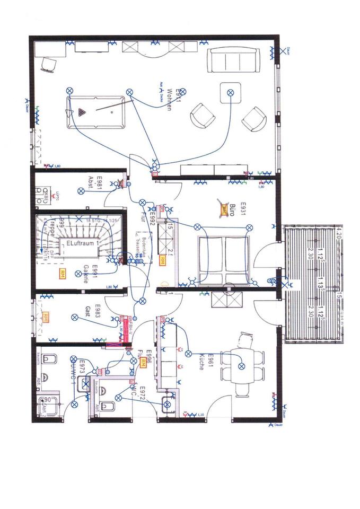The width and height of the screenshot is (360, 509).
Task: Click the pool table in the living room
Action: pyautogui.click(x=95, y=111)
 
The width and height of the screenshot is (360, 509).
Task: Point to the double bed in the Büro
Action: pyautogui.click(x=223, y=260)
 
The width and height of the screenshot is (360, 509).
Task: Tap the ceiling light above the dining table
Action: pyautogui.click(x=242, y=366)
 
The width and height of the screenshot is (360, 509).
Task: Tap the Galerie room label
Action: pyautogui.click(x=90, y=274)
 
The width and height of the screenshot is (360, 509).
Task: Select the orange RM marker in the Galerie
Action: pyautogui.click(x=63, y=274)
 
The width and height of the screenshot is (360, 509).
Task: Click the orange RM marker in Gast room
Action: pyautogui.click(x=47, y=318)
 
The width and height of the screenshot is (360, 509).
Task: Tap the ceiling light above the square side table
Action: pyautogui.click(x=230, y=92)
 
